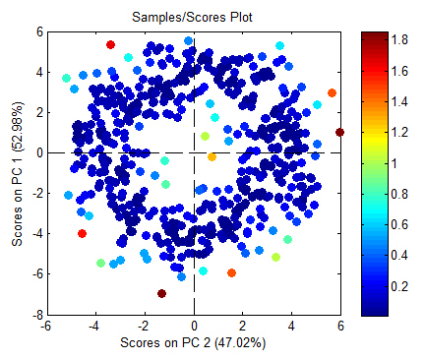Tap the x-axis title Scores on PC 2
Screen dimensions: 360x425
(x=193, y=343)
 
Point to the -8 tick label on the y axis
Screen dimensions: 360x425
(x=32, y=316)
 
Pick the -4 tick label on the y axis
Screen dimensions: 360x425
(x=32, y=234)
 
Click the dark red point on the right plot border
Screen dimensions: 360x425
(x=339, y=132)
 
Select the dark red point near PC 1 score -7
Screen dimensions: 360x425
(x=161, y=293)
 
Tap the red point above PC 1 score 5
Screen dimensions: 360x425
(x=111, y=44)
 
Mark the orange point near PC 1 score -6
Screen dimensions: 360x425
(x=231, y=273)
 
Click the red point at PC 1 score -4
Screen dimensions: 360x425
(x=82, y=233)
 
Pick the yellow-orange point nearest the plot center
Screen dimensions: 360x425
(x=212, y=156)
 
